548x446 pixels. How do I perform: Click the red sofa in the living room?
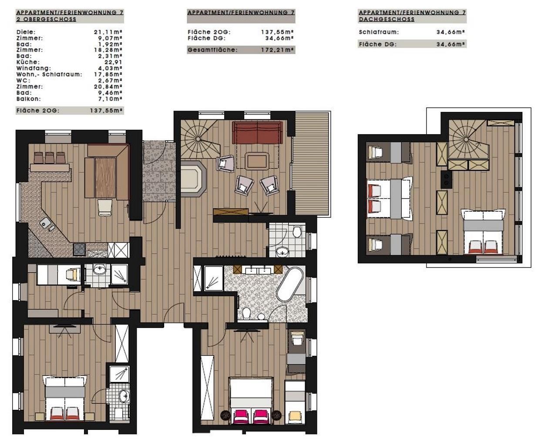point(257,133)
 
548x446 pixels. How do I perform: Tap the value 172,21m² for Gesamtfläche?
point(277,50)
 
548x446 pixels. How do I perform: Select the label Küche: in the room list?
point(28,62)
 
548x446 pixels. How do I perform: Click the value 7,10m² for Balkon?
point(110,99)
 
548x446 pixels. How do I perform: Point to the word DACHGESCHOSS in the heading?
point(387,19)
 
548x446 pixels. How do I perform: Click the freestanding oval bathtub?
point(290,284)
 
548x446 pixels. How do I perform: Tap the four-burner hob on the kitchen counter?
point(79,249)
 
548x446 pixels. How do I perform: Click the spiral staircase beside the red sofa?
point(199,139)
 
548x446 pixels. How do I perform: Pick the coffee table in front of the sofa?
point(257,161)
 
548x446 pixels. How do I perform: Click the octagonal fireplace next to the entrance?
point(193,179)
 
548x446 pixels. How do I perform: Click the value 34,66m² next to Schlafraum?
point(451,32)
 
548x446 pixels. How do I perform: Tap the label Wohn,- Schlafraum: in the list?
point(49,74)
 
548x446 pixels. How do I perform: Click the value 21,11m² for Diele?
point(108,32)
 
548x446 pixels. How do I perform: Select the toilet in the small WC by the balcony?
point(297,232)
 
